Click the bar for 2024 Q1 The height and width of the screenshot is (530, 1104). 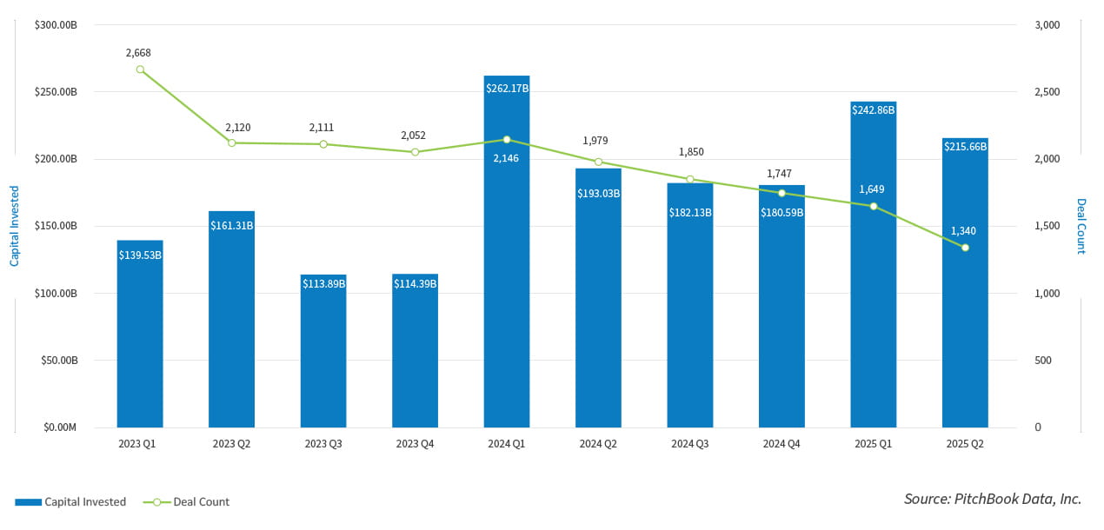point(507,261)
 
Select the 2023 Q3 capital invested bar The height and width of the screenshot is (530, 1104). point(323,356)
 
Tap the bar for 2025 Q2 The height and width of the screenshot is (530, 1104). point(965,287)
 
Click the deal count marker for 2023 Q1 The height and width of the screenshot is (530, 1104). point(140,70)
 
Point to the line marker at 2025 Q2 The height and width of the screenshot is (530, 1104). point(965,248)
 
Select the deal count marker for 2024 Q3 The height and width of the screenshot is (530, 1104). point(690,179)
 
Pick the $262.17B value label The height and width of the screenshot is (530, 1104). point(507,88)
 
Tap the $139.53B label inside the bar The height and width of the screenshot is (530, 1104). point(140,255)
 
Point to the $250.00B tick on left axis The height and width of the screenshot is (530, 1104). point(56,92)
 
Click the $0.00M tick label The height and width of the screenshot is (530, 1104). point(56,427)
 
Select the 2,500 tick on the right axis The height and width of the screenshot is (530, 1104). point(1046,92)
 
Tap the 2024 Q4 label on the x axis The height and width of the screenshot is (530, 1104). point(781,444)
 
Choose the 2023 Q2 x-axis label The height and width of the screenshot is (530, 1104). point(231,444)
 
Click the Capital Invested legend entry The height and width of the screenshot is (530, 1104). point(70,502)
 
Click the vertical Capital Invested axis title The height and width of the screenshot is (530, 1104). point(15,226)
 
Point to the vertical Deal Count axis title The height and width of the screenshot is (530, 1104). point(1081,226)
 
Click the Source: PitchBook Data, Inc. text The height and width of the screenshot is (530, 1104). point(993,499)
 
